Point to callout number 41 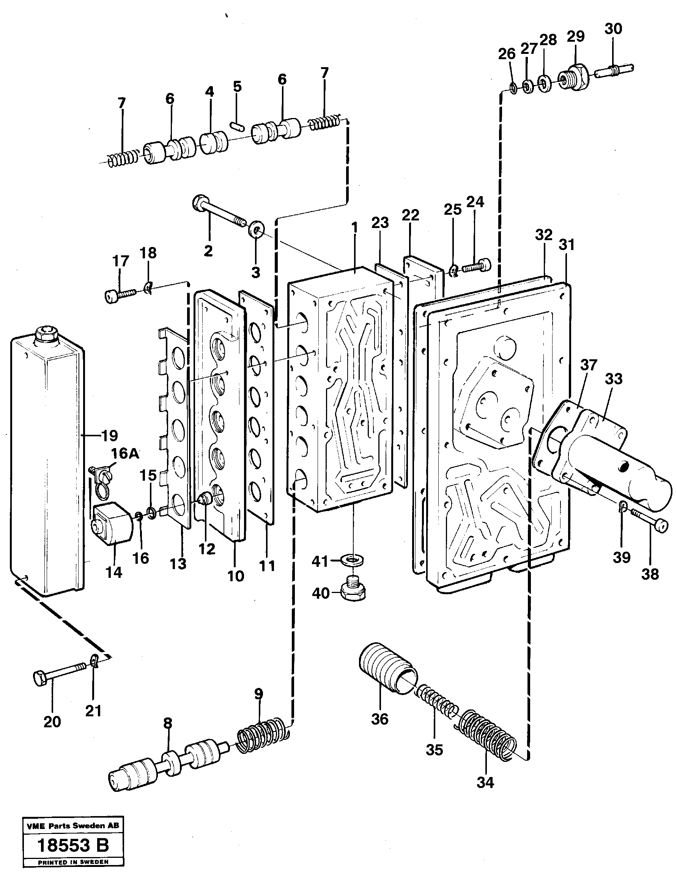click(x=320, y=562)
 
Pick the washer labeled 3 click(x=256, y=230)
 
